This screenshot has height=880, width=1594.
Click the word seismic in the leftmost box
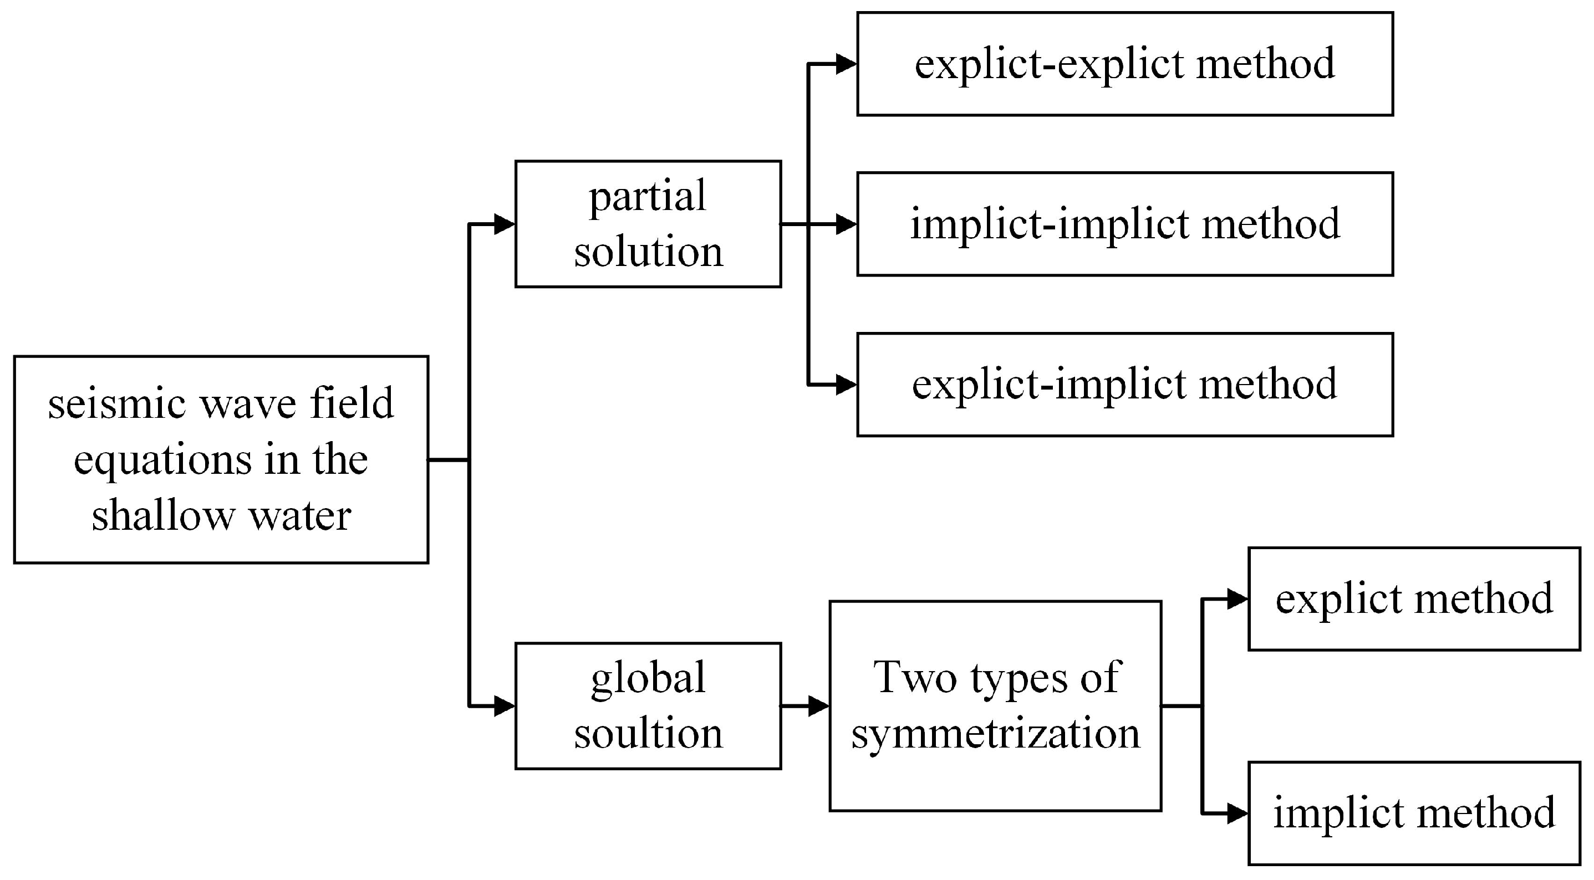point(116,403)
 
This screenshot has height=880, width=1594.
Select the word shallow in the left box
point(161,515)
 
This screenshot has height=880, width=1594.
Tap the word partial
point(647,197)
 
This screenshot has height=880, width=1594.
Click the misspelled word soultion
point(648,734)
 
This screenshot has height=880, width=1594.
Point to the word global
point(648,679)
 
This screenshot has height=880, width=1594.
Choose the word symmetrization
point(995,734)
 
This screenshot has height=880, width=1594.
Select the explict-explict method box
point(1124,64)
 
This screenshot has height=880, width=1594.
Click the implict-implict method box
point(1124,224)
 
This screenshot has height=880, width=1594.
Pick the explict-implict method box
point(1124,385)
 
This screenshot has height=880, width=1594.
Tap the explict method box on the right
point(1414,598)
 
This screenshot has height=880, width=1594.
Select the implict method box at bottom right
point(1414,813)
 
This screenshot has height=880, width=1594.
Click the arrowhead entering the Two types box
point(819,705)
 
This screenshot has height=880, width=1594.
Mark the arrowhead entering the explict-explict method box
point(846,64)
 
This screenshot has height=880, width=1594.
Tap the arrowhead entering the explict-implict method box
point(846,385)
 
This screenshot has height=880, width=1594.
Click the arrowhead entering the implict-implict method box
point(846,224)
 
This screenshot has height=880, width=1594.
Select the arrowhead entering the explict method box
point(1237,598)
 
